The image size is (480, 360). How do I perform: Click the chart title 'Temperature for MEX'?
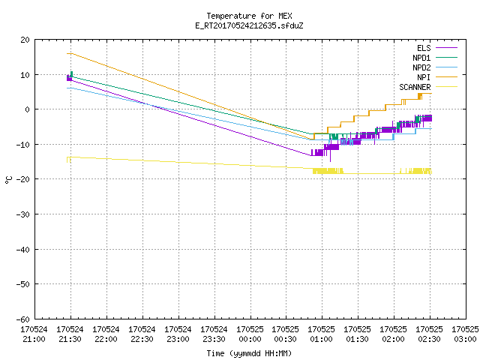249,16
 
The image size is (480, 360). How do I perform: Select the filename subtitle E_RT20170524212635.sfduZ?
249,25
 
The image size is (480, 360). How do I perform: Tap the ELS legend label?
424,48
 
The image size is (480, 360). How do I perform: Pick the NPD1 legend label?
421,58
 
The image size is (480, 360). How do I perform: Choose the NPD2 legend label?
421,67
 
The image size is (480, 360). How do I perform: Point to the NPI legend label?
424,77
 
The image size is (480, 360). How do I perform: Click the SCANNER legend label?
415,87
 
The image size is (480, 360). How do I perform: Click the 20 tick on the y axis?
25,40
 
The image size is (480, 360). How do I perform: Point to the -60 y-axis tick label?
23,319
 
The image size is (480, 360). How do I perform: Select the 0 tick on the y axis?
28,109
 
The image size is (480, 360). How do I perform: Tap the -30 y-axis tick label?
23,214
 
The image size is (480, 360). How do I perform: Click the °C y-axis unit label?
8,180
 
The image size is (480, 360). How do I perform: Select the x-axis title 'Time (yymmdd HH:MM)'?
249,353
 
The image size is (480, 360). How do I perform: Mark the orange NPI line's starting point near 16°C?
67,53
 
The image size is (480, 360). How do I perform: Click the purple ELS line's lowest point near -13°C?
311,155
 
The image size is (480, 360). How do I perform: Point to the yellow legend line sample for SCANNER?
446,87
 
